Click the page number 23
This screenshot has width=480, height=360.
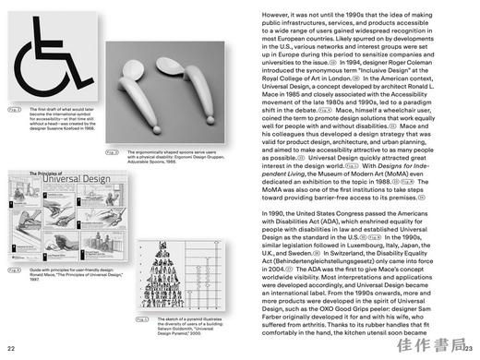(x=469, y=348)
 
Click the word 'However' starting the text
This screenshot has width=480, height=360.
(x=279, y=16)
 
